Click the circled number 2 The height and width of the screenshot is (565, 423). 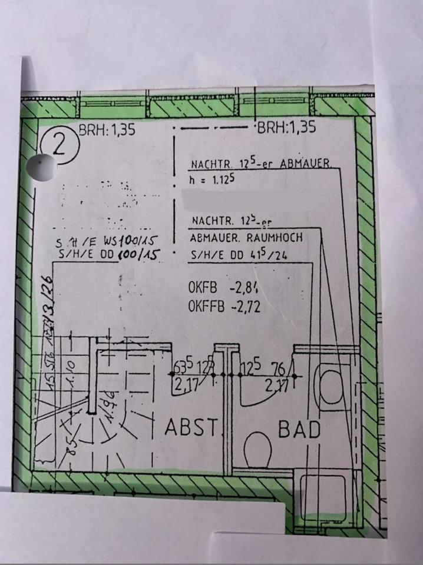click(59, 144)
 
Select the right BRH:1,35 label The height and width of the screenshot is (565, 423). click(286, 126)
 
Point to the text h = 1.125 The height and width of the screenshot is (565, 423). click(213, 181)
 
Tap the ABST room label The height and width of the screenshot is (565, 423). click(192, 428)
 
